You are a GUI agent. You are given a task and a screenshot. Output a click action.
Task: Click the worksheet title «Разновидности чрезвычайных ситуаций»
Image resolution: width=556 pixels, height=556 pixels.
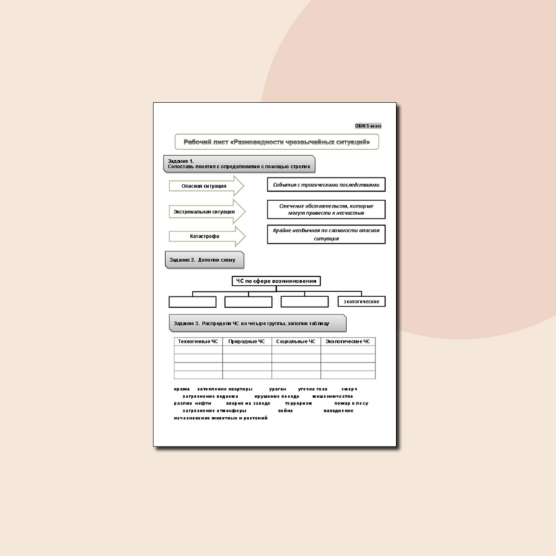point(276,142)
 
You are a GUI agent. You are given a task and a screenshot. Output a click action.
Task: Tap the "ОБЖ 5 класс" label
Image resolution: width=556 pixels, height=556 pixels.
point(373,125)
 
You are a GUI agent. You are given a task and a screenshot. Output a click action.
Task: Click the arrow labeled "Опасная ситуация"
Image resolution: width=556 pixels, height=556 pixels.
point(205,186)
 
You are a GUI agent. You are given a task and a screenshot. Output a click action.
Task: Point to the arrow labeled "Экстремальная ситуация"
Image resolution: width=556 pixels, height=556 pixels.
point(205,212)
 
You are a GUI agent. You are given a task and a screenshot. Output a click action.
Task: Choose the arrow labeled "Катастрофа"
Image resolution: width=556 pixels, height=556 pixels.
point(206,237)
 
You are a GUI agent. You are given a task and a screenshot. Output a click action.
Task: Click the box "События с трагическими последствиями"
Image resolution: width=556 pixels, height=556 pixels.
point(325,185)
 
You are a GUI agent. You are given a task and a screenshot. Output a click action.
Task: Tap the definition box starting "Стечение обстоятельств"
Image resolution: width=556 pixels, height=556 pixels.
point(325,209)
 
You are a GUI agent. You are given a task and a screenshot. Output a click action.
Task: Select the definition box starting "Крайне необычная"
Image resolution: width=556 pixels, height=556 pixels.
point(325,234)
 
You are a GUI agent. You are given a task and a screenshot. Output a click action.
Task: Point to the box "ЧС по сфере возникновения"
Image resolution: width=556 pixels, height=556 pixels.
point(276,281)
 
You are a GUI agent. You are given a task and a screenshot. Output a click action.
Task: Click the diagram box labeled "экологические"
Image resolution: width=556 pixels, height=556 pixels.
point(361,301)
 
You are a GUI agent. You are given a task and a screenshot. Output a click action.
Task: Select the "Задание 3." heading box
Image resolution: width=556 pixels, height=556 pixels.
point(257,323)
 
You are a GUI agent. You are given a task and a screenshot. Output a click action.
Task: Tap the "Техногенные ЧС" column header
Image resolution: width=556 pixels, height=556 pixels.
point(198,342)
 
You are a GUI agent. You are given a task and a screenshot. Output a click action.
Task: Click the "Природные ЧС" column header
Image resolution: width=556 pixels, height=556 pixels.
point(247,342)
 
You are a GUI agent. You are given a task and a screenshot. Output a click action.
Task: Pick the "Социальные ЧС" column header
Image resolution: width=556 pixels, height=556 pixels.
point(296,342)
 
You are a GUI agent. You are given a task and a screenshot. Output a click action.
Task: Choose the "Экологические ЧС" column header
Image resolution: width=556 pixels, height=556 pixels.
point(348,342)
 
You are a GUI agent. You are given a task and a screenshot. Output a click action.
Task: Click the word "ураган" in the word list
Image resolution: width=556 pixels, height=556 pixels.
point(278,389)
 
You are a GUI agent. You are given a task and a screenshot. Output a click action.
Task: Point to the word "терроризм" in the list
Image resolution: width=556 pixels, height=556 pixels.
point(298,404)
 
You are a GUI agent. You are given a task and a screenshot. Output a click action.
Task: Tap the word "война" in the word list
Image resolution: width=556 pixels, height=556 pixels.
point(286,411)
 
